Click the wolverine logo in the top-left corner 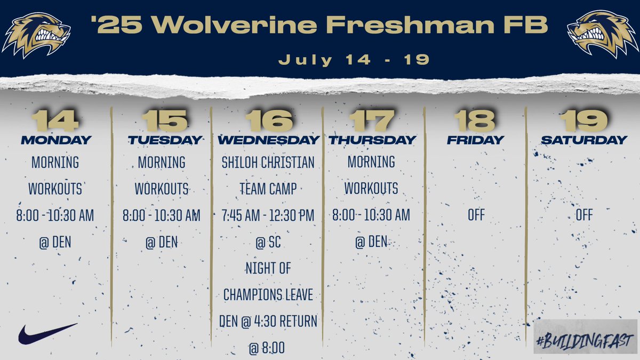point(36,34)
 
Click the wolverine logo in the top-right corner point(603,34)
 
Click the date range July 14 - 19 point(354,59)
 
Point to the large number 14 point(55,121)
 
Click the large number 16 point(269,121)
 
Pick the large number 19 point(585,121)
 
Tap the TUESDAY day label point(165,140)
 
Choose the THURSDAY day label point(372,140)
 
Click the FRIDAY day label point(475,140)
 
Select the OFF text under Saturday point(584,215)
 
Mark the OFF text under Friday point(475,215)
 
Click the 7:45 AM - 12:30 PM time point(268,215)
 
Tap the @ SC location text point(268,243)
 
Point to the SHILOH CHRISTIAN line point(268,162)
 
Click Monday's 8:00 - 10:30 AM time point(55,215)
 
